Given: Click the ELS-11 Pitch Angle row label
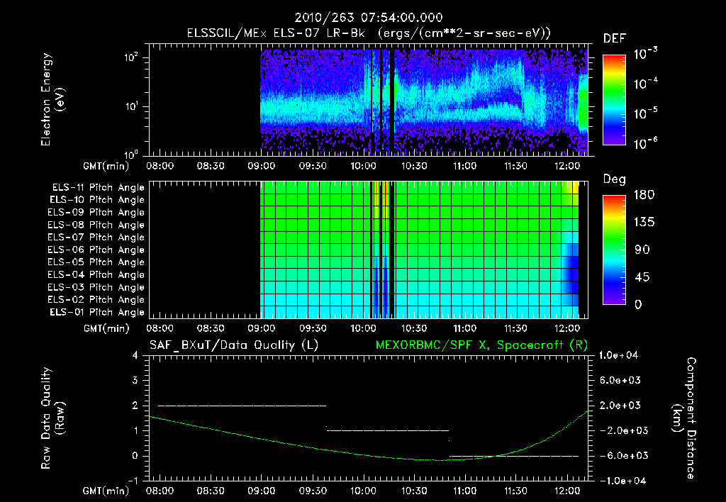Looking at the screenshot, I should pyautogui.click(x=98, y=187).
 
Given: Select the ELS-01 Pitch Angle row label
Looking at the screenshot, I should pyautogui.click(x=98, y=312).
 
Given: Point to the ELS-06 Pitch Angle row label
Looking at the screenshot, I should pyautogui.click(x=98, y=250).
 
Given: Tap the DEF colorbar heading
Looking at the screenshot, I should pyautogui.click(x=614, y=38).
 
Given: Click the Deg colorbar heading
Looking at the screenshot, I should pyautogui.click(x=614, y=179).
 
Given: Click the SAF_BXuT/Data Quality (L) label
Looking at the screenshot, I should pyautogui.click(x=233, y=345).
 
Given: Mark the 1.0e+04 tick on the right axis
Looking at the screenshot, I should pyautogui.click(x=621, y=355).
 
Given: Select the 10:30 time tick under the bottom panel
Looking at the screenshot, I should pyautogui.click(x=413, y=490).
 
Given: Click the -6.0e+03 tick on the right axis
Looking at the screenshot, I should pyautogui.click(x=621, y=455).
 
